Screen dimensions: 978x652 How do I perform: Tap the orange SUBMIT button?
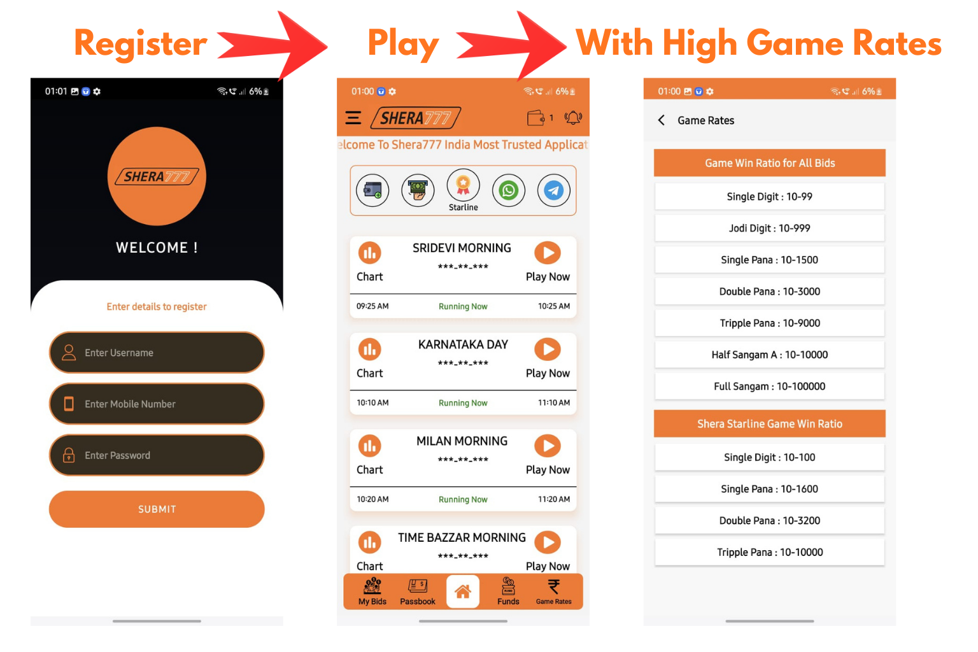click(x=157, y=509)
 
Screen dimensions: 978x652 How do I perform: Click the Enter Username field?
click(x=157, y=352)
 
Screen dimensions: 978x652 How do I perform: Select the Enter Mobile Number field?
click(x=157, y=404)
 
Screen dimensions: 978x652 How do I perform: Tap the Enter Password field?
click(x=157, y=455)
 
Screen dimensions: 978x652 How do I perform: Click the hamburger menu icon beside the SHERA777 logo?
click(x=353, y=118)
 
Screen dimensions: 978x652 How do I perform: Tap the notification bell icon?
click(x=573, y=117)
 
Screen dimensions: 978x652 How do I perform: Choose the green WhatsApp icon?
click(x=509, y=190)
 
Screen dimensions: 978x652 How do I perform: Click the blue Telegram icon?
click(x=553, y=190)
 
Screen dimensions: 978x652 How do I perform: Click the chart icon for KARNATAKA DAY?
click(x=370, y=350)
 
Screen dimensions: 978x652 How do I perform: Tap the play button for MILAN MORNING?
click(x=548, y=446)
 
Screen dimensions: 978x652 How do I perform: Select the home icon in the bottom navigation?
click(x=463, y=592)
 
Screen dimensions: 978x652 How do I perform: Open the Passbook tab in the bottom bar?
click(x=418, y=592)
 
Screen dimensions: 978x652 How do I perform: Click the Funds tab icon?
click(x=508, y=586)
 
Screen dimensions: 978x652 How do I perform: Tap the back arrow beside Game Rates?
click(x=662, y=120)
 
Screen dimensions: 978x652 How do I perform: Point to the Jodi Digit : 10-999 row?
click(x=769, y=228)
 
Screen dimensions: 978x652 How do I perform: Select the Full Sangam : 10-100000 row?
click(x=769, y=386)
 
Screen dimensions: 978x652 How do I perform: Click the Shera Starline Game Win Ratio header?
click(x=769, y=423)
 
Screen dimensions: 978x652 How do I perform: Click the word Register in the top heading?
click(x=141, y=44)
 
